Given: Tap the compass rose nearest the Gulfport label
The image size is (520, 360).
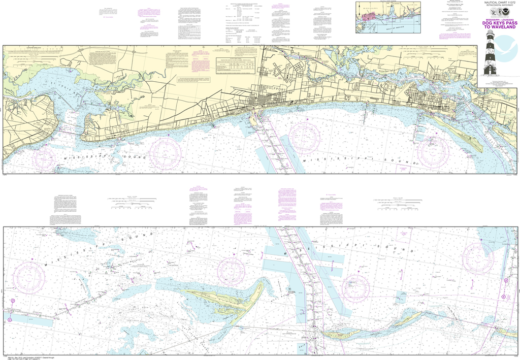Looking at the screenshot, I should tap(304, 137).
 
